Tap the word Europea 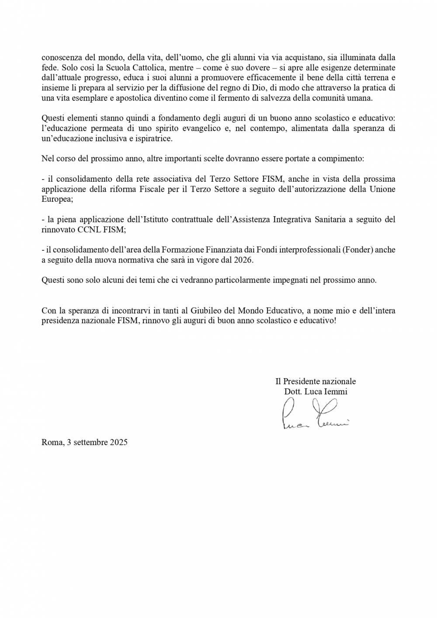pos(56,199)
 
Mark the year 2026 pos(244,260)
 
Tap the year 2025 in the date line pos(118,442)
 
